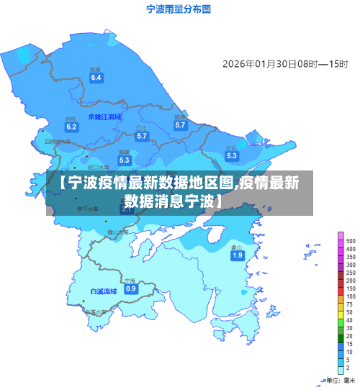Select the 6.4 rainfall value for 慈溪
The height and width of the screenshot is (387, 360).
[x=96, y=77]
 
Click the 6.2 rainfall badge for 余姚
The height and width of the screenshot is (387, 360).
[x=71, y=127]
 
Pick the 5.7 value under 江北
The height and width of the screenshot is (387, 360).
[x=142, y=135]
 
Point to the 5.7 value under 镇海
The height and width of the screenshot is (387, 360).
[x=180, y=124]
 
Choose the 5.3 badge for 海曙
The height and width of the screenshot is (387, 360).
[x=125, y=160]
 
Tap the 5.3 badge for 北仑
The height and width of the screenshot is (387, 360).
[x=231, y=155]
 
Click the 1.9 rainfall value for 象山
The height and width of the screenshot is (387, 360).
[x=237, y=255]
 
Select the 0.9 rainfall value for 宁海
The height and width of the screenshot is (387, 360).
[x=130, y=288]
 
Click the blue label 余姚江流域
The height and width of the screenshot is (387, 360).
[x=105, y=117]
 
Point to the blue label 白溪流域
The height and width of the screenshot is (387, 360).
[x=103, y=291]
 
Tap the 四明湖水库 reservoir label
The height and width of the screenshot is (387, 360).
[x=58, y=142]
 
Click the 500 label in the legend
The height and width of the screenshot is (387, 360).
[x=351, y=241]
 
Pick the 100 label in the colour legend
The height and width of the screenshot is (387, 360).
[x=351, y=296]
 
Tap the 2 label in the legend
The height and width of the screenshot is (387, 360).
[x=348, y=368]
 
